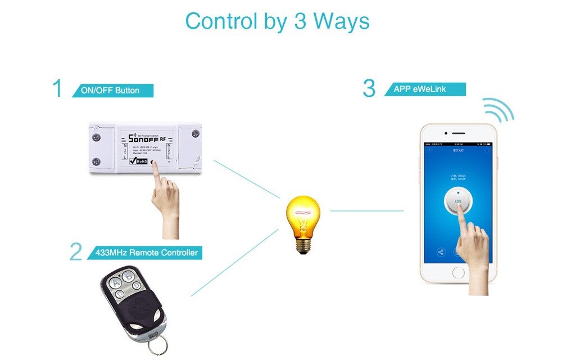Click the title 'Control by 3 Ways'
(277, 21)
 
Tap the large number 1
(57, 89)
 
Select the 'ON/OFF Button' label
(112, 91)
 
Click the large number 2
(76, 251)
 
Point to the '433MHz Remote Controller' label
(146, 253)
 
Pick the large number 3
(369, 88)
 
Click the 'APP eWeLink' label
(425, 89)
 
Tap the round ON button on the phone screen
(457, 201)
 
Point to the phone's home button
(459, 273)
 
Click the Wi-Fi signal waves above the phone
(499, 110)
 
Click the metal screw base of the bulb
(303, 245)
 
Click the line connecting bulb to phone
(366, 211)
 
